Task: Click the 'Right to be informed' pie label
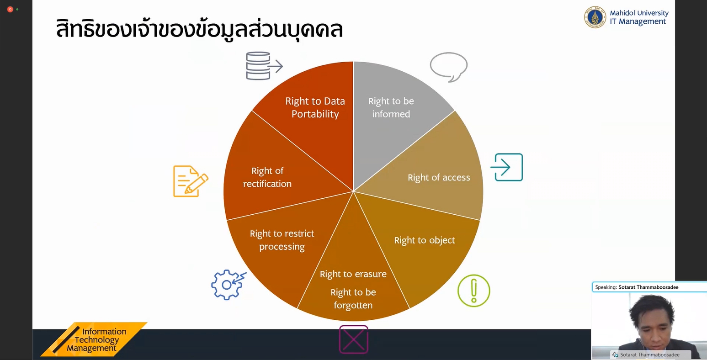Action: pyautogui.click(x=391, y=108)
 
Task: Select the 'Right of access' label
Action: pyautogui.click(x=439, y=177)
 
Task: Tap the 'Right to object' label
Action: pyautogui.click(x=425, y=240)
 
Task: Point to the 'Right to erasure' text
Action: pyautogui.click(x=353, y=274)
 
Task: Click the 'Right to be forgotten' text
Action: pyautogui.click(x=353, y=299)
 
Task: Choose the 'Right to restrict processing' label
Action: pyautogui.click(x=282, y=240)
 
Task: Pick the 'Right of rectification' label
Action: pyautogui.click(x=267, y=177)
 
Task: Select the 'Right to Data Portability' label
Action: pyautogui.click(x=315, y=108)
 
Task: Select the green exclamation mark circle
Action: pyautogui.click(x=474, y=291)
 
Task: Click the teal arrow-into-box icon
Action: pyautogui.click(x=506, y=167)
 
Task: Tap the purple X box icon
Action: pyautogui.click(x=354, y=339)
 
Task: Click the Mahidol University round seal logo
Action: pyautogui.click(x=595, y=17)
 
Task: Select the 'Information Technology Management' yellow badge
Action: pyautogui.click(x=94, y=339)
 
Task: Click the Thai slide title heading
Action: pyautogui.click(x=199, y=29)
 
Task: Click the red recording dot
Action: pyautogui.click(x=10, y=10)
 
